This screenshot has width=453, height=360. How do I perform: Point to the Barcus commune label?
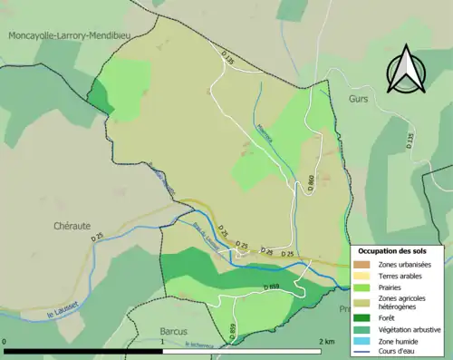click(x=172, y=332)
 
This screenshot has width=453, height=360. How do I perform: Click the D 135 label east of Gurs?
click(x=409, y=141)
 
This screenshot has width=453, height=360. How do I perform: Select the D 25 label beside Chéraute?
click(x=97, y=237)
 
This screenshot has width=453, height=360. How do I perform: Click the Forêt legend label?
click(x=390, y=317)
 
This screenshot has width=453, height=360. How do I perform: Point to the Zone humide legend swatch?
click(x=362, y=340)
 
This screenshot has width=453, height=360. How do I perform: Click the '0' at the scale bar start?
click(x=5, y=342)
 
